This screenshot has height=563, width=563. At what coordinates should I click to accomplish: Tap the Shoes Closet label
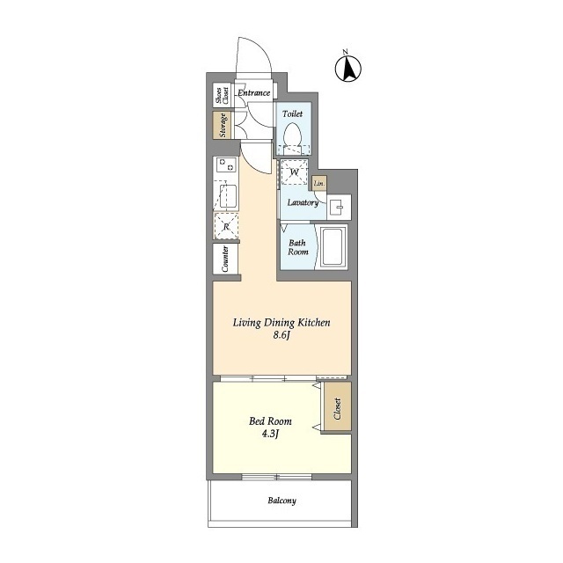point(222,96)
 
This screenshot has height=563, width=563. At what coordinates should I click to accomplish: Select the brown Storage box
point(222,125)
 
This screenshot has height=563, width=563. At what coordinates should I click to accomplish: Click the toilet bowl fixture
point(291,135)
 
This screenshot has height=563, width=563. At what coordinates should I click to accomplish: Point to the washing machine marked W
point(295,172)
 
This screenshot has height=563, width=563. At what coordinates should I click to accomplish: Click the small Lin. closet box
point(319,183)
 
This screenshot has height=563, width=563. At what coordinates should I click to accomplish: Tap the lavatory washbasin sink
point(338,208)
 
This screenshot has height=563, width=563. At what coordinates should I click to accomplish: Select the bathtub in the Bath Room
point(333,246)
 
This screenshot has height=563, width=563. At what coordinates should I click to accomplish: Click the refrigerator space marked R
point(226,226)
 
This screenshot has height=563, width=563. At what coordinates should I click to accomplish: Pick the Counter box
point(225,259)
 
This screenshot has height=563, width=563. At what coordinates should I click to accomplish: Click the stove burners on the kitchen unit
point(226,165)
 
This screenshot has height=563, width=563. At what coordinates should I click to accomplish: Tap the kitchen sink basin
point(228,196)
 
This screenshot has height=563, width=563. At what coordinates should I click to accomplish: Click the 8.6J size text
point(281,335)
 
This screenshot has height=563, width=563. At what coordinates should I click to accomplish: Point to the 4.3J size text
point(270,434)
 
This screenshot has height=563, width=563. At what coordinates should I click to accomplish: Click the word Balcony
point(281,501)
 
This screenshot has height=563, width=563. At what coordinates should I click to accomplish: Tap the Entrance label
point(254,92)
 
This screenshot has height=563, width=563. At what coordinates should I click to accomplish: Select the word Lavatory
point(303,202)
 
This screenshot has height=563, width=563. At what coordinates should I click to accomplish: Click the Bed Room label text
point(270,420)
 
